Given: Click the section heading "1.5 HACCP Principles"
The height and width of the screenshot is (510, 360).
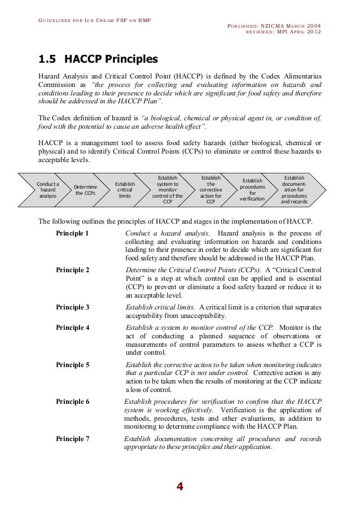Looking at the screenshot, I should (98, 59).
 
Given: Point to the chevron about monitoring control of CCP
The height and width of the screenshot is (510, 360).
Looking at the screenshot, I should (168, 189).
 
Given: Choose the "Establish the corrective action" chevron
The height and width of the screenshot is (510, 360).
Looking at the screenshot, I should (211, 189).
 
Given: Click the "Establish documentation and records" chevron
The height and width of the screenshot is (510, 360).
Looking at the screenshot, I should (294, 189).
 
